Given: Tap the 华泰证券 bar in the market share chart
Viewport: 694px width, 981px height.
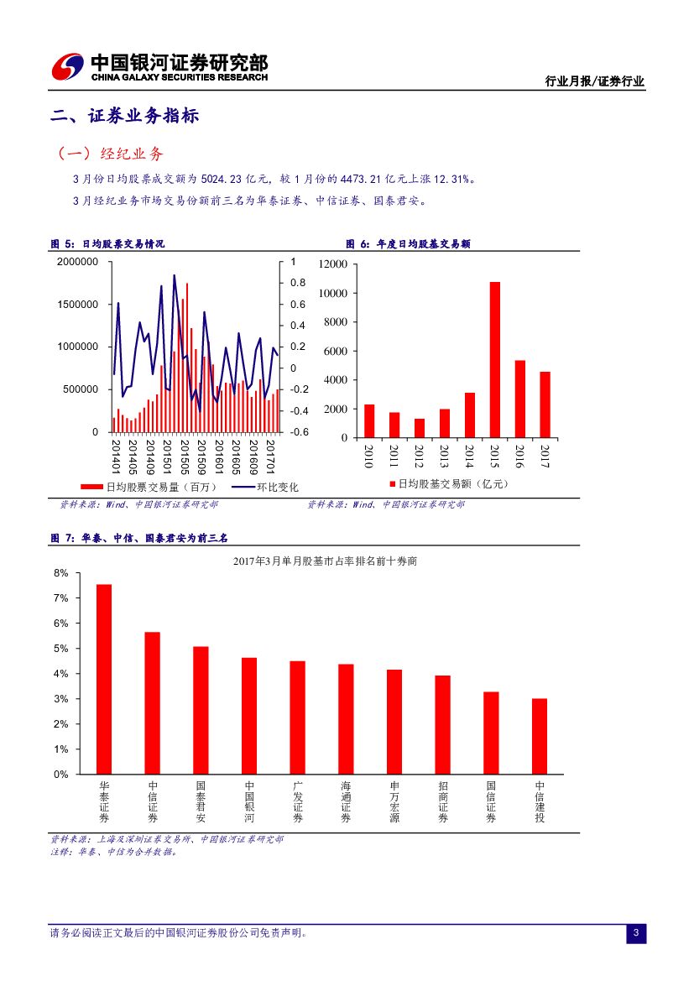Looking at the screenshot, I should (x=104, y=679).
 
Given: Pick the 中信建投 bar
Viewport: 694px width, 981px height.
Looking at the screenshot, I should (x=540, y=736).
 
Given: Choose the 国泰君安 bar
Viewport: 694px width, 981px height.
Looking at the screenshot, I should (x=201, y=710).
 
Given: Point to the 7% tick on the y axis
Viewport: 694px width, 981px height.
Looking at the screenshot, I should (x=60, y=598).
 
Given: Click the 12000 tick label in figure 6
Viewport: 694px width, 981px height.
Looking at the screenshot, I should (x=333, y=264).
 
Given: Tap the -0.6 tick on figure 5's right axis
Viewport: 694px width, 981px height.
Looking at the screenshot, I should (x=298, y=432).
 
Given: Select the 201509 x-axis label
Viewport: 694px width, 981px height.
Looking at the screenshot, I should (x=201, y=457).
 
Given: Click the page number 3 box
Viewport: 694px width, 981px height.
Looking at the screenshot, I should (x=636, y=933).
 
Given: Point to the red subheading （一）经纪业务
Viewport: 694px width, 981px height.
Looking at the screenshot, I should (x=110, y=154).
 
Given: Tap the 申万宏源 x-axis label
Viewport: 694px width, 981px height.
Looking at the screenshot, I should (x=394, y=801).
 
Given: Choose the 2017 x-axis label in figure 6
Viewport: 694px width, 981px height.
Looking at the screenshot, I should (x=545, y=457).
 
